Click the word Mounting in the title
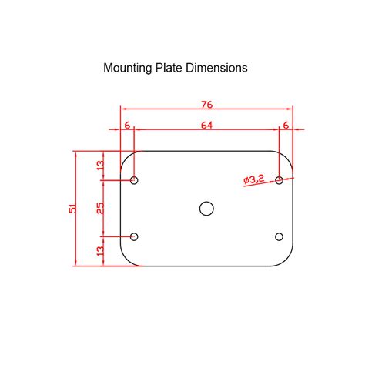(128, 68)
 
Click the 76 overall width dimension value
(206, 105)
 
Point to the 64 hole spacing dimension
(206, 124)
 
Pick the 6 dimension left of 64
(127, 124)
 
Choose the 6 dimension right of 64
(286, 124)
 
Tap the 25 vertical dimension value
(99, 209)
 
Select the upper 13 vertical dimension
(99, 166)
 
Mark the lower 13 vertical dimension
(99, 251)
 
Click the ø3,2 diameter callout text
(254, 179)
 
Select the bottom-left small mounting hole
(135, 236)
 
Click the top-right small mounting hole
(280, 180)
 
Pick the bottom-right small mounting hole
(280, 236)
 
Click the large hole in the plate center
(206, 208)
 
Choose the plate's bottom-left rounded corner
(126, 261)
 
